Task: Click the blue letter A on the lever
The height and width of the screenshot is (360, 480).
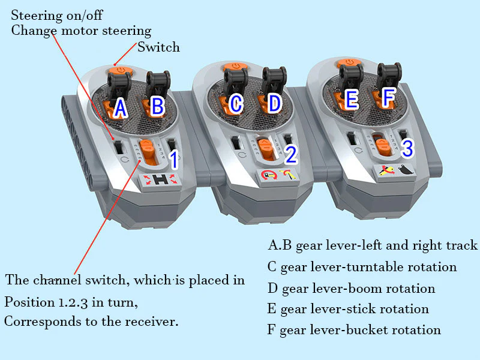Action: coord(120,108)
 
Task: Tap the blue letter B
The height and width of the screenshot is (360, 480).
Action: coord(157,106)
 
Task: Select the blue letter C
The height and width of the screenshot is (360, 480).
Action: coord(236,104)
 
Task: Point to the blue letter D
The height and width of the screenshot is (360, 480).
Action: coord(274,104)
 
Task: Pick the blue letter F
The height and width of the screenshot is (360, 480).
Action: coord(389,97)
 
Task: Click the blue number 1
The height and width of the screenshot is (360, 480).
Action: coord(173,160)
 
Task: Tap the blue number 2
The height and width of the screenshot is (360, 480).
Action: coord(291,155)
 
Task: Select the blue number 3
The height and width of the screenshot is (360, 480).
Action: coord(407,148)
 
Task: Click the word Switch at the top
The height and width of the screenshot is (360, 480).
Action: coord(159,47)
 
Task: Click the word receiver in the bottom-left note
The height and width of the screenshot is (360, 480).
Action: coord(151,321)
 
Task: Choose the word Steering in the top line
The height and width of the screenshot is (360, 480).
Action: coord(37,15)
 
